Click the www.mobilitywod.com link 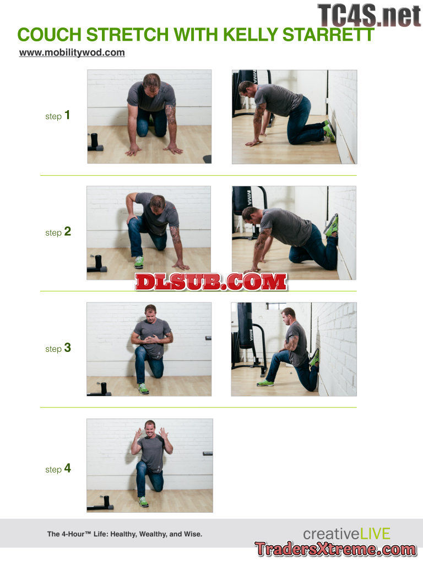(x=72, y=52)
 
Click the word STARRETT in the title (x=328, y=35)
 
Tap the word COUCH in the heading (x=50, y=35)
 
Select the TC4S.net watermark (x=369, y=15)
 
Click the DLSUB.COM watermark (x=211, y=281)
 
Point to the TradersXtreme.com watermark (x=335, y=549)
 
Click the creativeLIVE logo (x=347, y=534)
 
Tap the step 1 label (x=57, y=116)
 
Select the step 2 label (x=58, y=232)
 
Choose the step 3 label (x=58, y=348)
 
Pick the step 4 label (x=58, y=468)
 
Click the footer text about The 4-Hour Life (x=124, y=534)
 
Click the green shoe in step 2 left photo (x=139, y=262)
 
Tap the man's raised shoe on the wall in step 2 (x=332, y=225)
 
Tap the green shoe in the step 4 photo (x=144, y=501)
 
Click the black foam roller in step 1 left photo (x=95, y=140)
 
